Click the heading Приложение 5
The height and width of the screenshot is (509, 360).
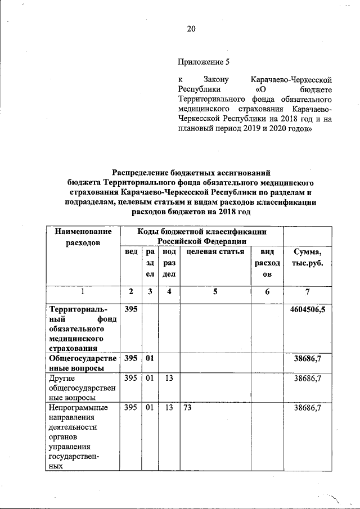click(x=204, y=61)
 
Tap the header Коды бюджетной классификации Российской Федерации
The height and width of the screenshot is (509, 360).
click(x=202, y=237)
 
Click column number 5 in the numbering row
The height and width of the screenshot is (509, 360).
click(x=215, y=291)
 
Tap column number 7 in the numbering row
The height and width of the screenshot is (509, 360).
click(x=307, y=291)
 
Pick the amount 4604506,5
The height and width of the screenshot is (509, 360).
click(x=307, y=309)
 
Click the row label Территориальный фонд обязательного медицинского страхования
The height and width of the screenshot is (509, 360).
click(x=83, y=328)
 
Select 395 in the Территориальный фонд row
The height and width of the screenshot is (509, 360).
click(x=130, y=309)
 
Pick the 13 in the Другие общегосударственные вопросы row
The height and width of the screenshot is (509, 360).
click(x=169, y=378)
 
